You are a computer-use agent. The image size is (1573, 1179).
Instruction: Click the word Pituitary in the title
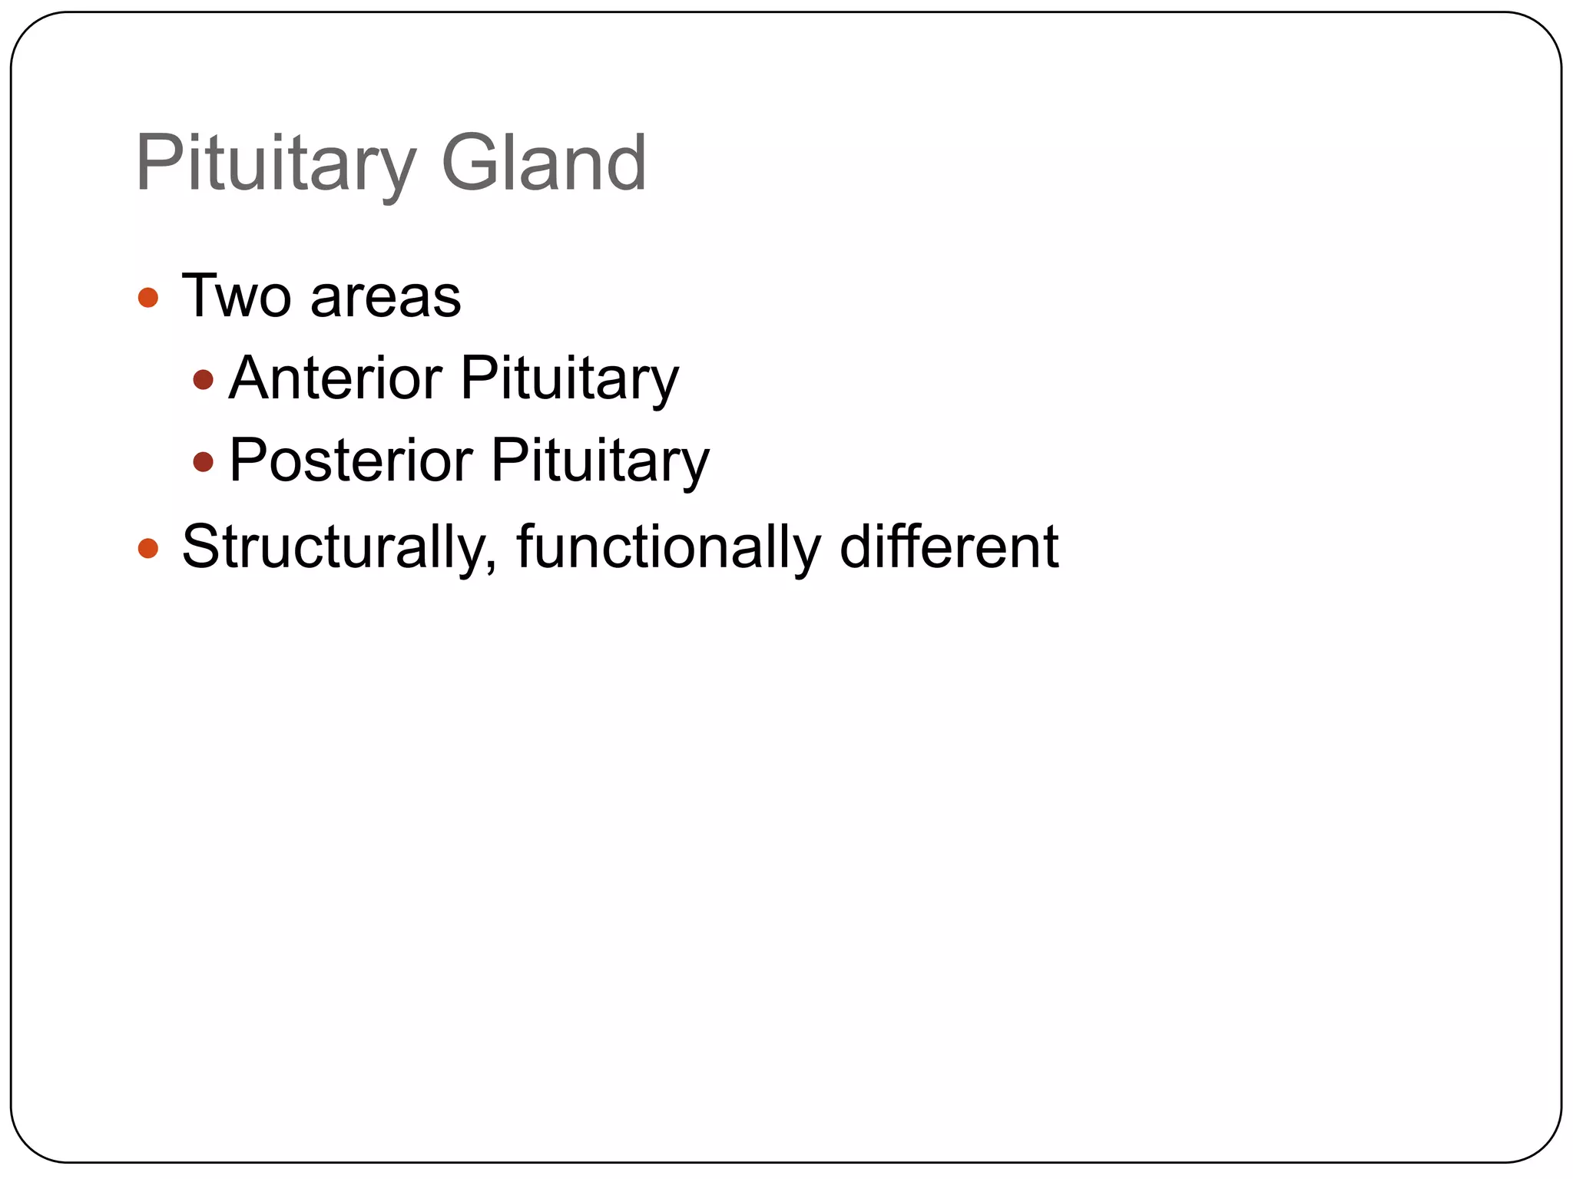[275, 163]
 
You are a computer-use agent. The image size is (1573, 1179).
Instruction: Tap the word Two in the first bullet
[237, 296]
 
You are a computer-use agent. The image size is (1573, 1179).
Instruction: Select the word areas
[386, 298]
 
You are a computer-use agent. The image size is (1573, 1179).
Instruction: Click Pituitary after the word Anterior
[569, 379]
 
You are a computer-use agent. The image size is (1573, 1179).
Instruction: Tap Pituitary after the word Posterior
[600, 461]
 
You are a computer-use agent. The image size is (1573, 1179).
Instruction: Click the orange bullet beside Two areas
[147, 298]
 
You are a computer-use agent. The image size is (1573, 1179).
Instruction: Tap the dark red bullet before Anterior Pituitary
[203, 379]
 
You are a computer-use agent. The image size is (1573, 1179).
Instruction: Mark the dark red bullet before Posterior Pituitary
[203, 461]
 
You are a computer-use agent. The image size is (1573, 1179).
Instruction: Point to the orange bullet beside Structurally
[147, 548]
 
